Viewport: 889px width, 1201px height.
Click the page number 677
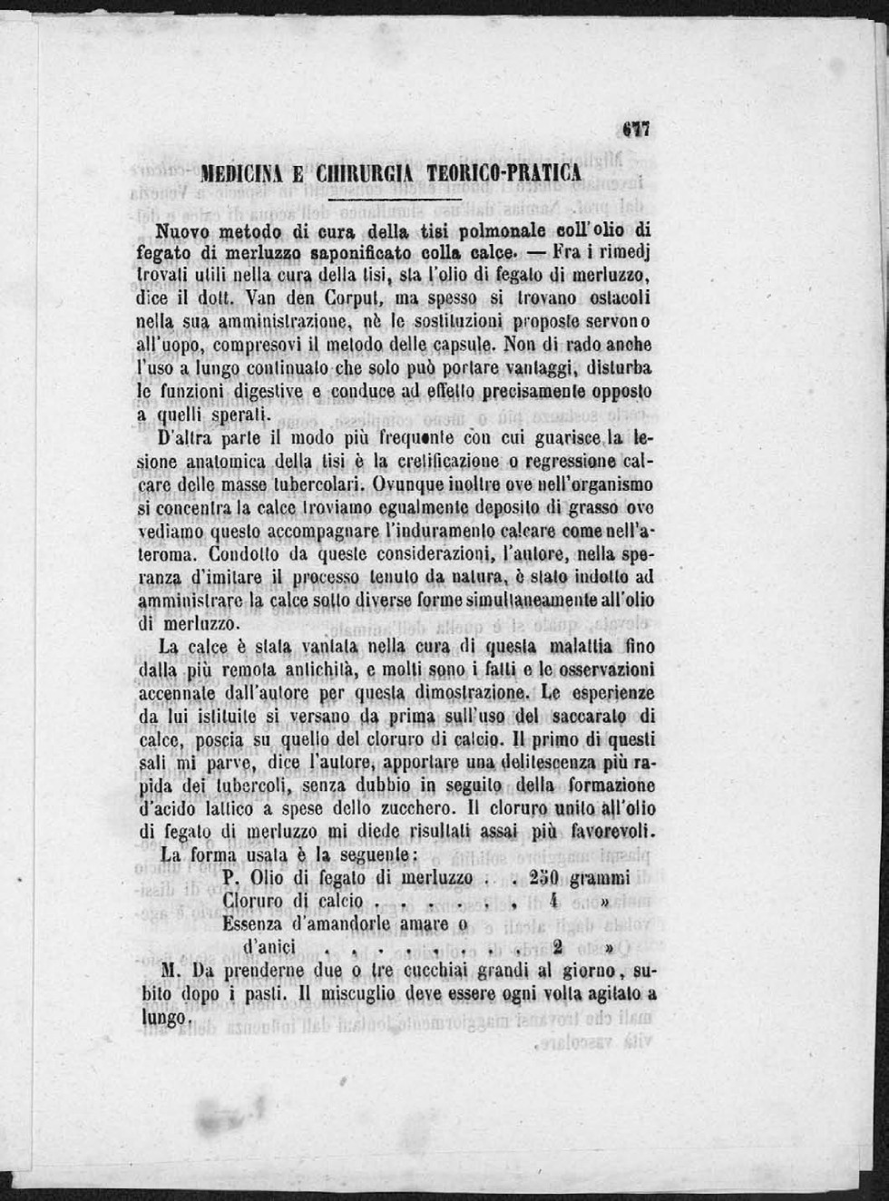click(x=638, y=130)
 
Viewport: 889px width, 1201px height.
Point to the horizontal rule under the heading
click(x=395, y=199)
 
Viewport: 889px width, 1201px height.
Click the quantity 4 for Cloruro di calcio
click(x=552, y=902)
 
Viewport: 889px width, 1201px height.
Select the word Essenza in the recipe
click(x=252, y=924)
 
